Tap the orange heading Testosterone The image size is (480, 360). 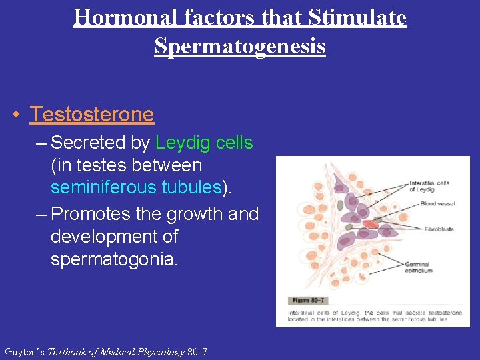pos(92,115)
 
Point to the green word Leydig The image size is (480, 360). pos(181,143)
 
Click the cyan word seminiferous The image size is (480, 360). pos(102,187)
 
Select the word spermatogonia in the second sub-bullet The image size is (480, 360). pos(114,259)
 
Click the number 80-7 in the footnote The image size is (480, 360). pos(197,351)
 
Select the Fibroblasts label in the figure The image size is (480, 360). pos(439,229)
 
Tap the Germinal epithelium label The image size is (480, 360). pos(419,267)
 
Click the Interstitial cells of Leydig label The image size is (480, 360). pos(429,187)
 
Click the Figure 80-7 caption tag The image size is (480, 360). pos(306,301)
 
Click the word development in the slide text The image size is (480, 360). pos(114,237)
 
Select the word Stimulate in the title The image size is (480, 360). pos(356,17)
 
